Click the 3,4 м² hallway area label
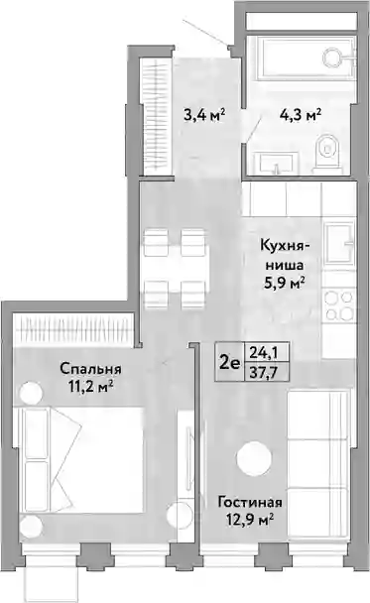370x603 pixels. click(x=203, y=114)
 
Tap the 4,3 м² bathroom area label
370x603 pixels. click(x=301, y=114)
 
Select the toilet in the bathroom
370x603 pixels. click(x=327, y=152)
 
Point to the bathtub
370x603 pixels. click(x=307, y=57)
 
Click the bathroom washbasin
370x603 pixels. click(x=277, y=163)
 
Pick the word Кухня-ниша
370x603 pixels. click(x=285, y=255)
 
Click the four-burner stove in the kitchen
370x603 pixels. click(x=339, y=305)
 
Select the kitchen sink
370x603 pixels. click(x=339, y=243)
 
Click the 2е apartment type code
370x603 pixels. click(x=229, y=362)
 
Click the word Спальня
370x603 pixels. click(x=91, y=369)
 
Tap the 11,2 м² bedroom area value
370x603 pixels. click(x=91, y=386)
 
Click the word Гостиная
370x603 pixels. click(x=250, y=502)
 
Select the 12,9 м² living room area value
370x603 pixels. click(x=250, y=520)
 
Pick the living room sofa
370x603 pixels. click(x=319, y=464)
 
